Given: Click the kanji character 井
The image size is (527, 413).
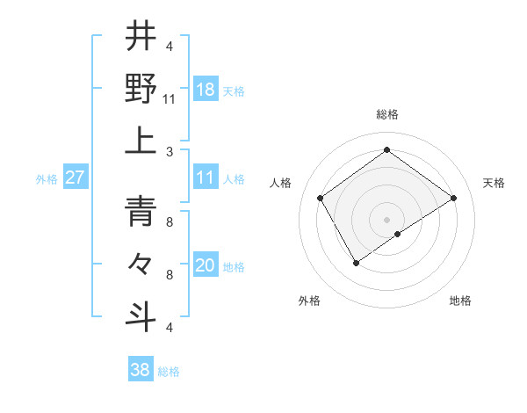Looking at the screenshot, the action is point(141,36).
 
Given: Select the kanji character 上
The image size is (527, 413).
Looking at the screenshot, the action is point(141,141).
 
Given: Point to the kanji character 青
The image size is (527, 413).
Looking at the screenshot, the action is point(141,211).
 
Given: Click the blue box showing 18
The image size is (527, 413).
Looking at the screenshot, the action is point(206,89).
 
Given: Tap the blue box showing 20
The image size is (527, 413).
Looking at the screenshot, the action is point(206,265).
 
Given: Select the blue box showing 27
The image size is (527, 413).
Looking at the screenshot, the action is point(76,177).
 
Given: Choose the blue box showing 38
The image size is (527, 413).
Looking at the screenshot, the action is point(141,370).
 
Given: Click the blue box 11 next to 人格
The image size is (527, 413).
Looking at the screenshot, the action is point(206,178).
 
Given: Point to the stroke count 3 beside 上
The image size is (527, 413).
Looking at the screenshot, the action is point(170,151).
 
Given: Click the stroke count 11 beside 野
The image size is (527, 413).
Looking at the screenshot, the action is point(170,98).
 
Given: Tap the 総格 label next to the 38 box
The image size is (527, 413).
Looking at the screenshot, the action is point(169,372).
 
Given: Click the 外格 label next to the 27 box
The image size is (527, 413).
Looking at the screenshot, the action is point(47,178).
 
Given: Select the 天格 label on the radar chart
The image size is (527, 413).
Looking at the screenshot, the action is point(494,183).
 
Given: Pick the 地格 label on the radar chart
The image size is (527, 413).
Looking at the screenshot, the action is point(460,301).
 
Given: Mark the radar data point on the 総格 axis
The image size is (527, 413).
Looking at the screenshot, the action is point(386,149).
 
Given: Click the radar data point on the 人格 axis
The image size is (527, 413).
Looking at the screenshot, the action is point(321,198).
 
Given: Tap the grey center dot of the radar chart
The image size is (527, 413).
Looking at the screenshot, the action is point(386,219).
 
